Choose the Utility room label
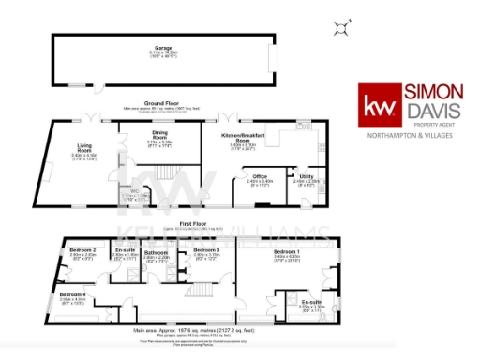(307, 175)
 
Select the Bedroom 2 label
(82, 250)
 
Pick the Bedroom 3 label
(206, 250)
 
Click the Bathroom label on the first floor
(156, 253)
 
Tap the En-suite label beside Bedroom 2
(125, 250)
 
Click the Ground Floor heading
(161, 103)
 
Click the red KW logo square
(380, 102)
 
